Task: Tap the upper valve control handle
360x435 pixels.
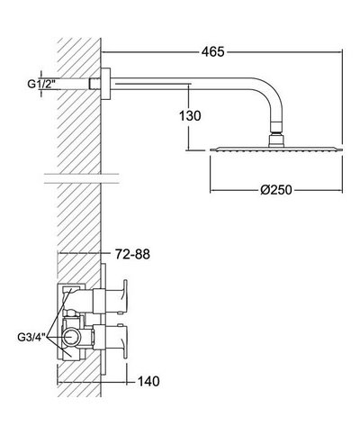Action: [x=124, y=296]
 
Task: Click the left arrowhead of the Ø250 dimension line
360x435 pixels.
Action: [x=213, y=192]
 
